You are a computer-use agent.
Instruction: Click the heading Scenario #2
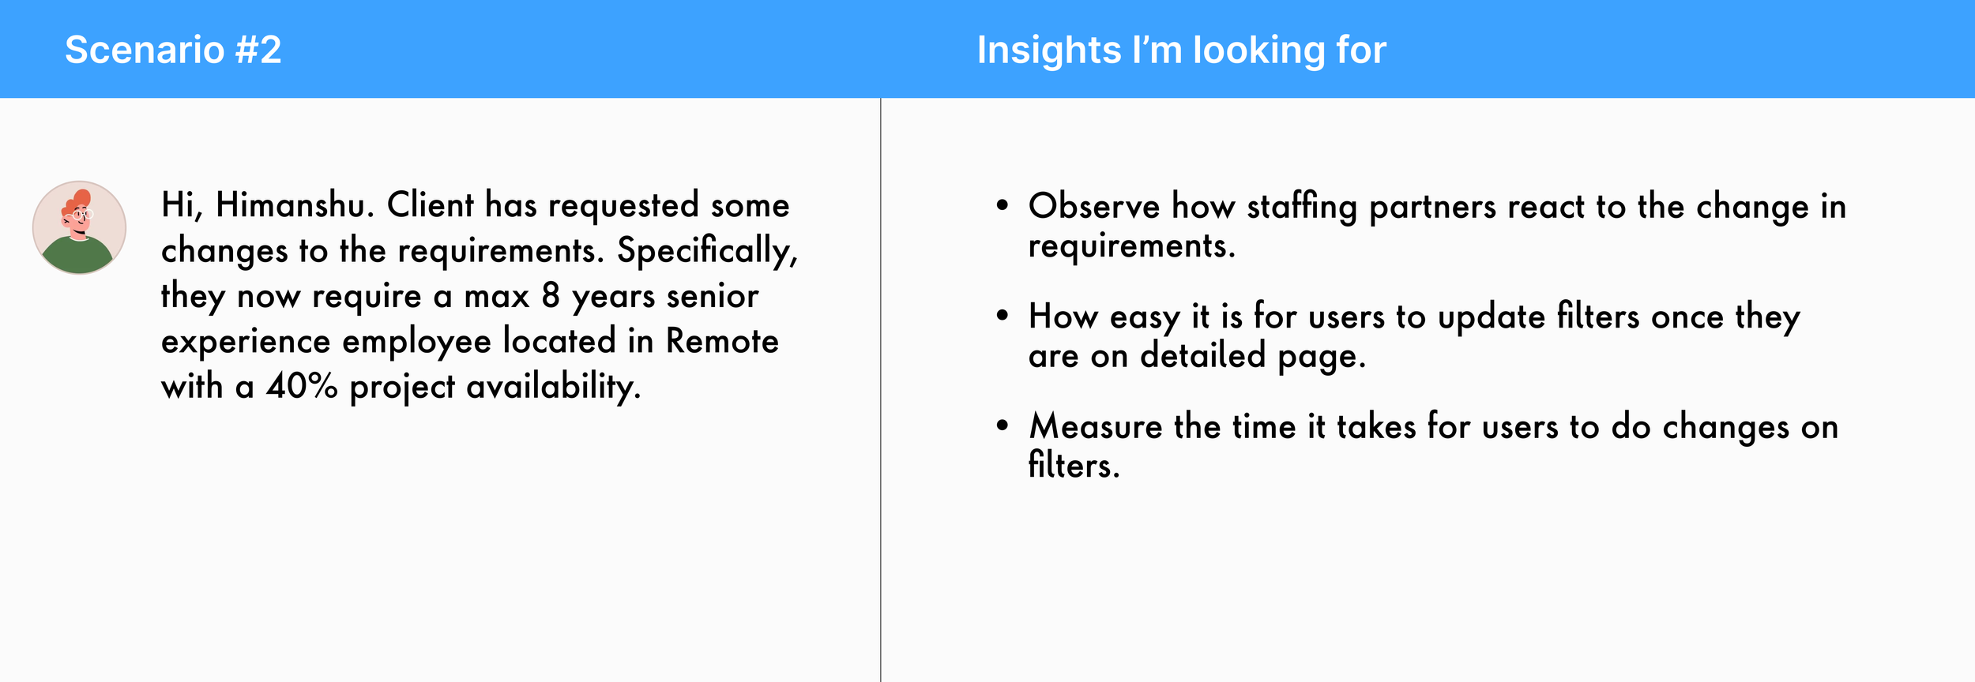[x=173, y=50]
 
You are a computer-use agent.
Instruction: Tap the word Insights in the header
[x=1049, y=50]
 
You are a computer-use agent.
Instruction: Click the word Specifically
[x=708, y=252]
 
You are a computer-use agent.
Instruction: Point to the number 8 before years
[x=551, y=297]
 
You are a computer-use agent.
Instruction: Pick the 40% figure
[x=302, y=387]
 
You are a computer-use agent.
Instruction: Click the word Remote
[x=722, y=342]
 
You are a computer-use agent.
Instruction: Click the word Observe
[x=1094, y=207]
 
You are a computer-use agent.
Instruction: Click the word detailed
[x=1203, y=356]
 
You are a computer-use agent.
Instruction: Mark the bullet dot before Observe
[x=1003, y=206]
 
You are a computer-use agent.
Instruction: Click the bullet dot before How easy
[x=1003, y=316]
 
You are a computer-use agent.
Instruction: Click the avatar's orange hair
[x=80, y=200]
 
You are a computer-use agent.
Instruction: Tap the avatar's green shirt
[x=77, y=255]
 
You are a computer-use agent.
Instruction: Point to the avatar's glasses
[x=82, y=214]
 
